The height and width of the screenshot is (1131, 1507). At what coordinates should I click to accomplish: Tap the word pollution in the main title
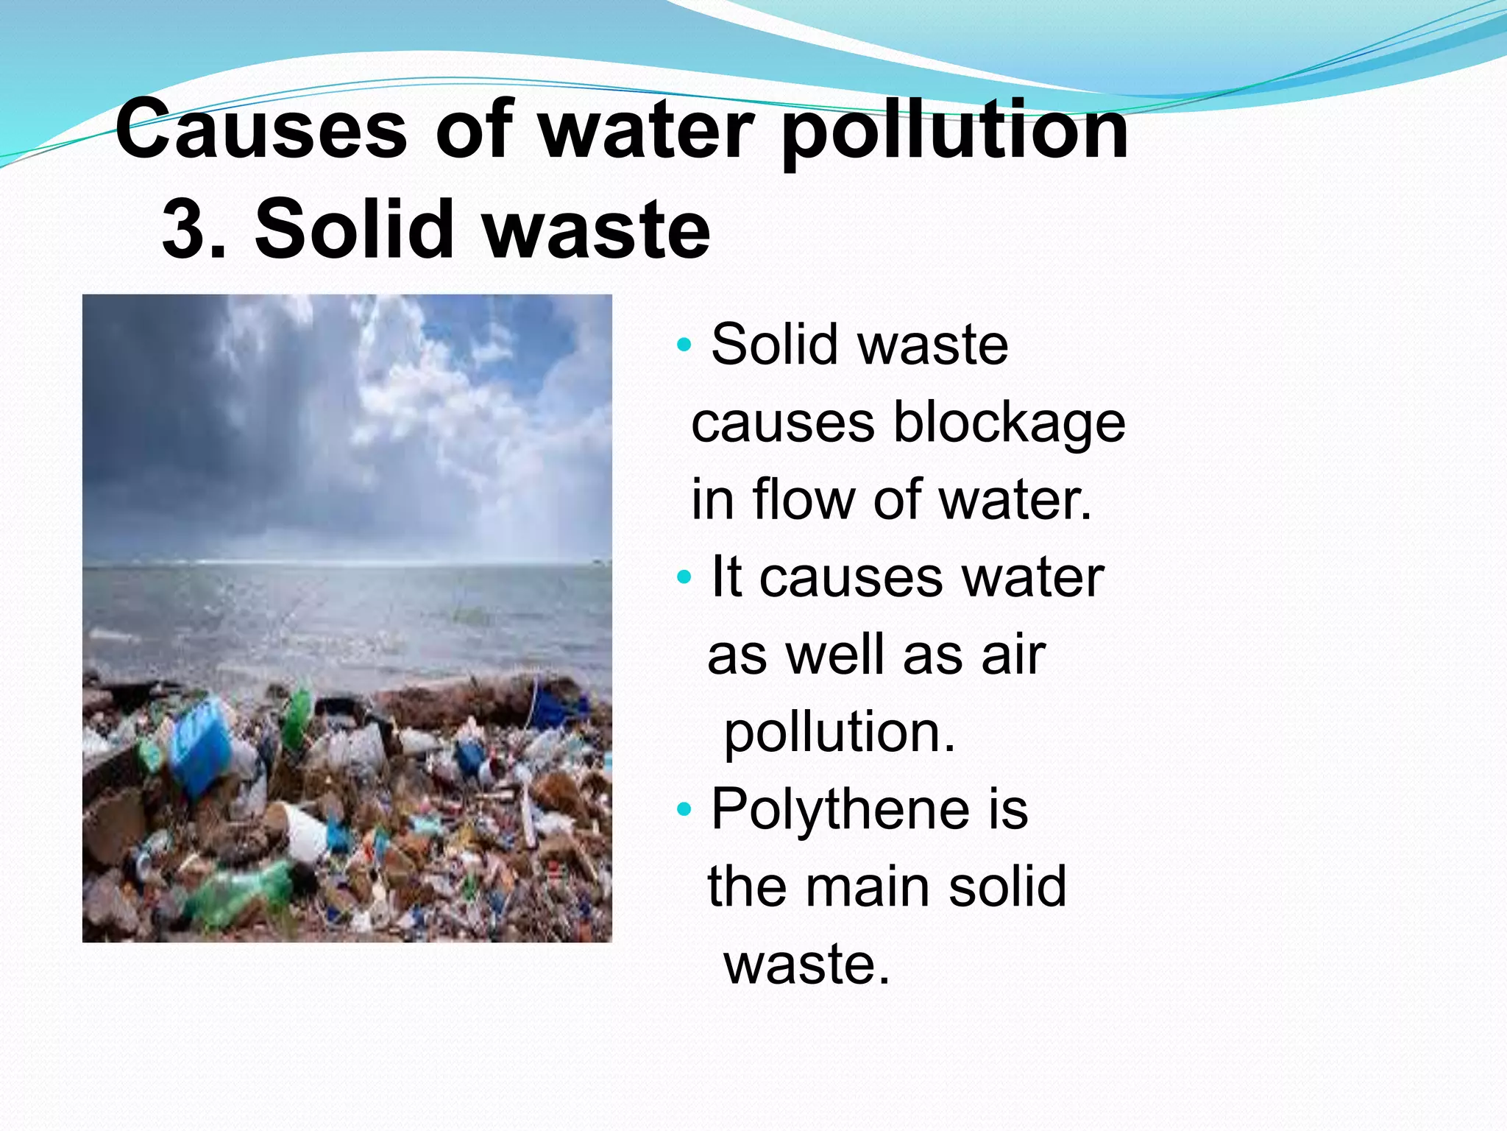954,133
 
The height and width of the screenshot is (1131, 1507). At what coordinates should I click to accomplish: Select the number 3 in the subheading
183,230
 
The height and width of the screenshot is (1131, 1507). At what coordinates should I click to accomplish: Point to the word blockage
1009,424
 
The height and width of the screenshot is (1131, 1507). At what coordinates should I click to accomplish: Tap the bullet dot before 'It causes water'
684,577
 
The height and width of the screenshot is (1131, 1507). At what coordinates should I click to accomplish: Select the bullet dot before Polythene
684,809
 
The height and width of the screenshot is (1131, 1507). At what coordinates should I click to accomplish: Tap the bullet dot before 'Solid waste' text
684,344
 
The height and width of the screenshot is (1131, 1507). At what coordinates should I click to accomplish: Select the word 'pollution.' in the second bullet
840,733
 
